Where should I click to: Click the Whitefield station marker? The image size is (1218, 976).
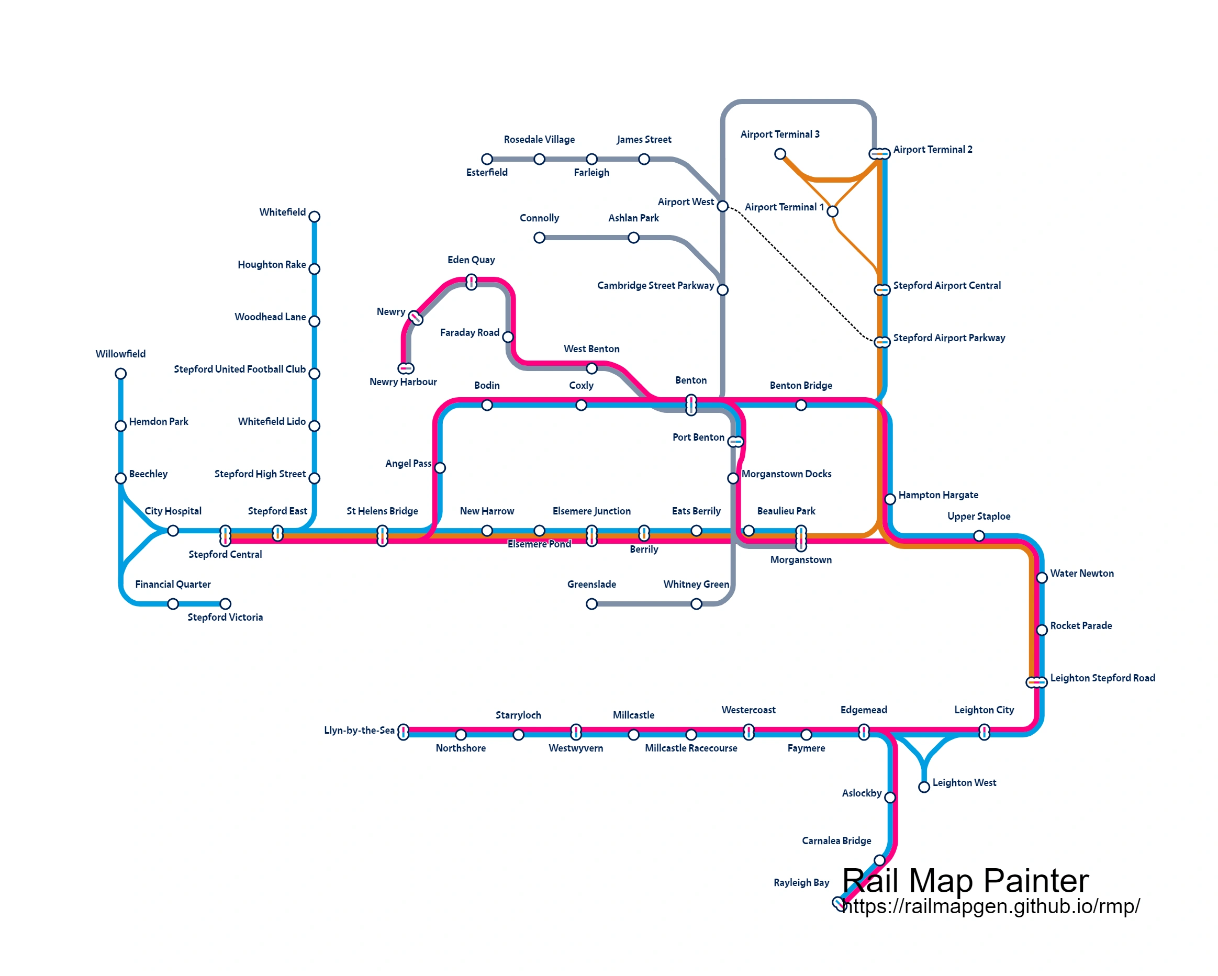tap(315, 217)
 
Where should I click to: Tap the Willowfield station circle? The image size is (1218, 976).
tap(120, 374)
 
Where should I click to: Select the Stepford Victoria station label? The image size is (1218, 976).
tap(225, 618)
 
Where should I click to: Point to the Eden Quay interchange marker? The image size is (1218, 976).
tap(471, 282)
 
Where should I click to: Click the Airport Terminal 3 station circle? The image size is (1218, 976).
tap(780, 154)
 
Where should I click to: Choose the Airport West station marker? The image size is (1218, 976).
tap(722, 207)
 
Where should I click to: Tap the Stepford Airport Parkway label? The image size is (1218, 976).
tap(949, 338)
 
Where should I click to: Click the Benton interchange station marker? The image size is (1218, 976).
tap(691, 406)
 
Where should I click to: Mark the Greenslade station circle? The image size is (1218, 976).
tap(591, 604)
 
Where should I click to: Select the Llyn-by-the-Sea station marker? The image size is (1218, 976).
tap(403, 733)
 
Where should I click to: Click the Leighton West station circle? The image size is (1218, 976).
tap(924, 788)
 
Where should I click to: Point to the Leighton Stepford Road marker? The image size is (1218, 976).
tap(1037, 682)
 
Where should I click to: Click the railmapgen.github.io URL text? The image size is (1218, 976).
tap(990, 906)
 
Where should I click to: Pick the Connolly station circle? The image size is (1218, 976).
tap(540, 238)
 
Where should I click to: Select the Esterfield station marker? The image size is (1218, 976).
tap(487, 159)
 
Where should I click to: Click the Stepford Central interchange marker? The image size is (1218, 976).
tap(225, 535)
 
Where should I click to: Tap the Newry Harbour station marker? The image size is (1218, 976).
tap(406, 369)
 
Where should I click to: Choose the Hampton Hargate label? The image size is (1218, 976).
tap(938, 495)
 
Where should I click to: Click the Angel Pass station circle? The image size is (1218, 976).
tap(440, 468)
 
